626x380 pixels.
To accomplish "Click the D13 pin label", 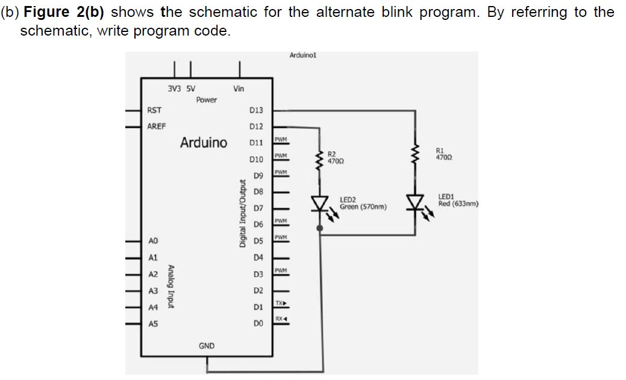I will click(x=255, y=110).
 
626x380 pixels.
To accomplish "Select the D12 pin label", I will click(x=255, y=127).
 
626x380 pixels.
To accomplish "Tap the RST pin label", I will click(x=154, y=110).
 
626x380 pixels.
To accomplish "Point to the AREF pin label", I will click(x=157, y=127).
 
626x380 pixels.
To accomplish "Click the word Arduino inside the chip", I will click(x=204, y=143).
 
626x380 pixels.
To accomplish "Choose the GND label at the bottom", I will click(x=206, y=346).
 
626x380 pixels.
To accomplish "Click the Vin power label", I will click(x=239, y=89).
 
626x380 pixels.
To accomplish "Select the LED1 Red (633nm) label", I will click(x=458, y=200).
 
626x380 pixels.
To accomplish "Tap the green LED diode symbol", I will click(x=319, y=203).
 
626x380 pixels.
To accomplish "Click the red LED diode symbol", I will click(x=415, y=202).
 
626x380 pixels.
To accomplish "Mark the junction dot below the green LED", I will click(x=319, y=229).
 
